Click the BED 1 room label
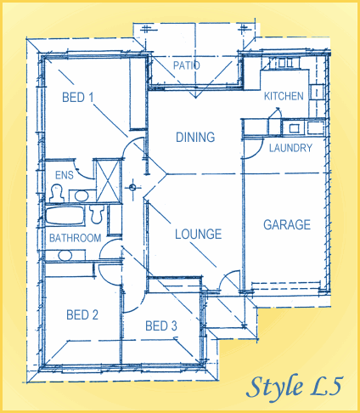point(78,97)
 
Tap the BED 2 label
point(82,314)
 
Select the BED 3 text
point(160,325)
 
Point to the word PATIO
point(186,65)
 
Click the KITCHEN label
point(283,96)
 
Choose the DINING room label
point(194,137)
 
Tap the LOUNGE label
point(198,234)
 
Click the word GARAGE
point(286,225)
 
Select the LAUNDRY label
point(290,148)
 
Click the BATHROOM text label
point(75,238)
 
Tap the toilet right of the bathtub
point(97,210)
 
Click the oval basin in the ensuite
point(81,195)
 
